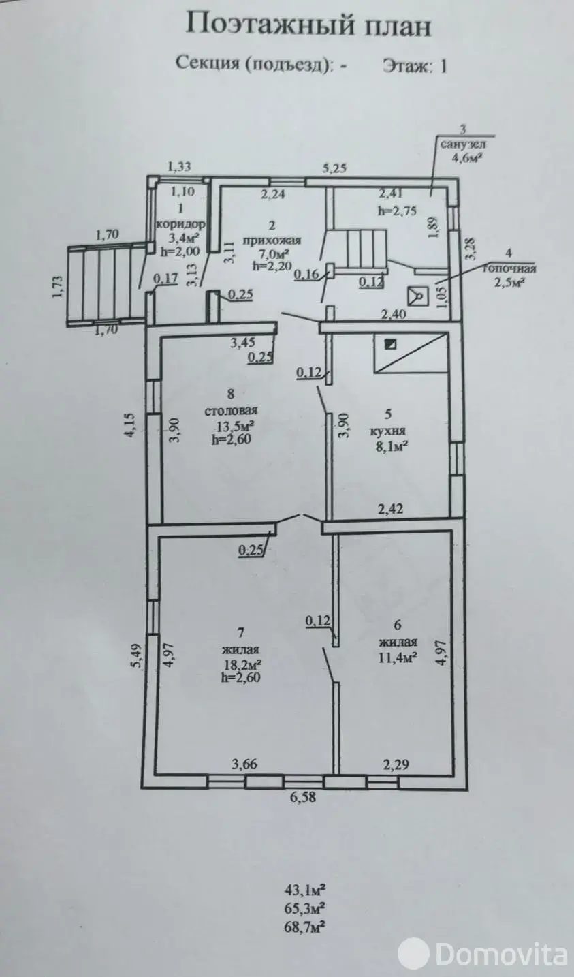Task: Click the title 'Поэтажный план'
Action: [x=308, y=26]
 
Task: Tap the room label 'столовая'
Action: [x=232, y=411]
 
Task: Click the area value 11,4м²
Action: [x=398, y=656]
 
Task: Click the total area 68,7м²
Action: [x=304, y=927]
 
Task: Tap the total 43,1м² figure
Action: [x=304, y=889]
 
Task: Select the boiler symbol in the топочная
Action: [x=416, y=296]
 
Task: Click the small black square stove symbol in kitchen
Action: [x=389, y=344]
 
